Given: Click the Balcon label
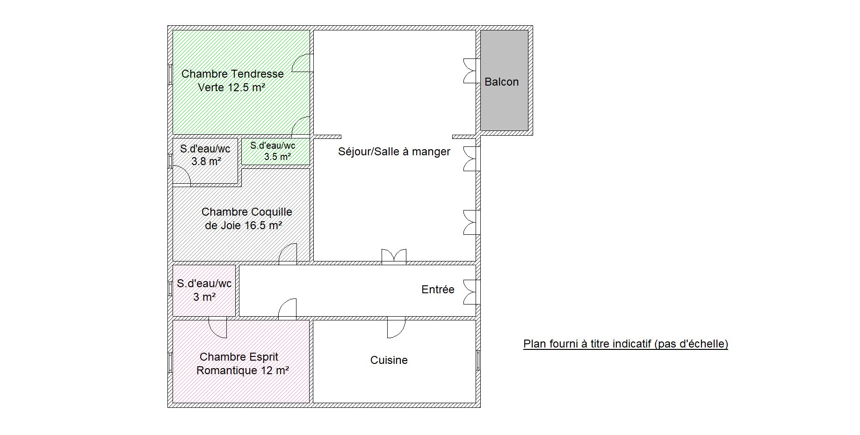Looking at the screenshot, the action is [x=501, y=82].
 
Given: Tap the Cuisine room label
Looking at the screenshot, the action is [x=389, y=360].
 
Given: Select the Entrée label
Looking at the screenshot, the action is [x=438, y=290].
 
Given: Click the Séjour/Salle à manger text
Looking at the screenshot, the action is [x=394, y=152].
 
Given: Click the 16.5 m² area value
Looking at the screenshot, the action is [x=263, y=225].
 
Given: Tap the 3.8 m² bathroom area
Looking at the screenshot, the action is [x=206, y=162].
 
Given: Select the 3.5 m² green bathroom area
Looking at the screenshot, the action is [x=277, y=157].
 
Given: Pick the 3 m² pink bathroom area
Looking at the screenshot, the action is [x=204, y=297].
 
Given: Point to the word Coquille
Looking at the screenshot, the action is [x=270, y=212].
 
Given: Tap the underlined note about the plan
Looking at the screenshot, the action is [x=626, y=344].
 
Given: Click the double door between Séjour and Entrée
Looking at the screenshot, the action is [x=394, y=256].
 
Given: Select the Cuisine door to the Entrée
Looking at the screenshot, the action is [x=396, y=327].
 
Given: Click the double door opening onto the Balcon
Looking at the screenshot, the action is [x=471, y=71].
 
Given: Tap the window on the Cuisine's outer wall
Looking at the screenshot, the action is [x=478, y=360].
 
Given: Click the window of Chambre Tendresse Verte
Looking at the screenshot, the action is [x=170, y=74].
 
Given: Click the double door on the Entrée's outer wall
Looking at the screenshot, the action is [x=471, y=292].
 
